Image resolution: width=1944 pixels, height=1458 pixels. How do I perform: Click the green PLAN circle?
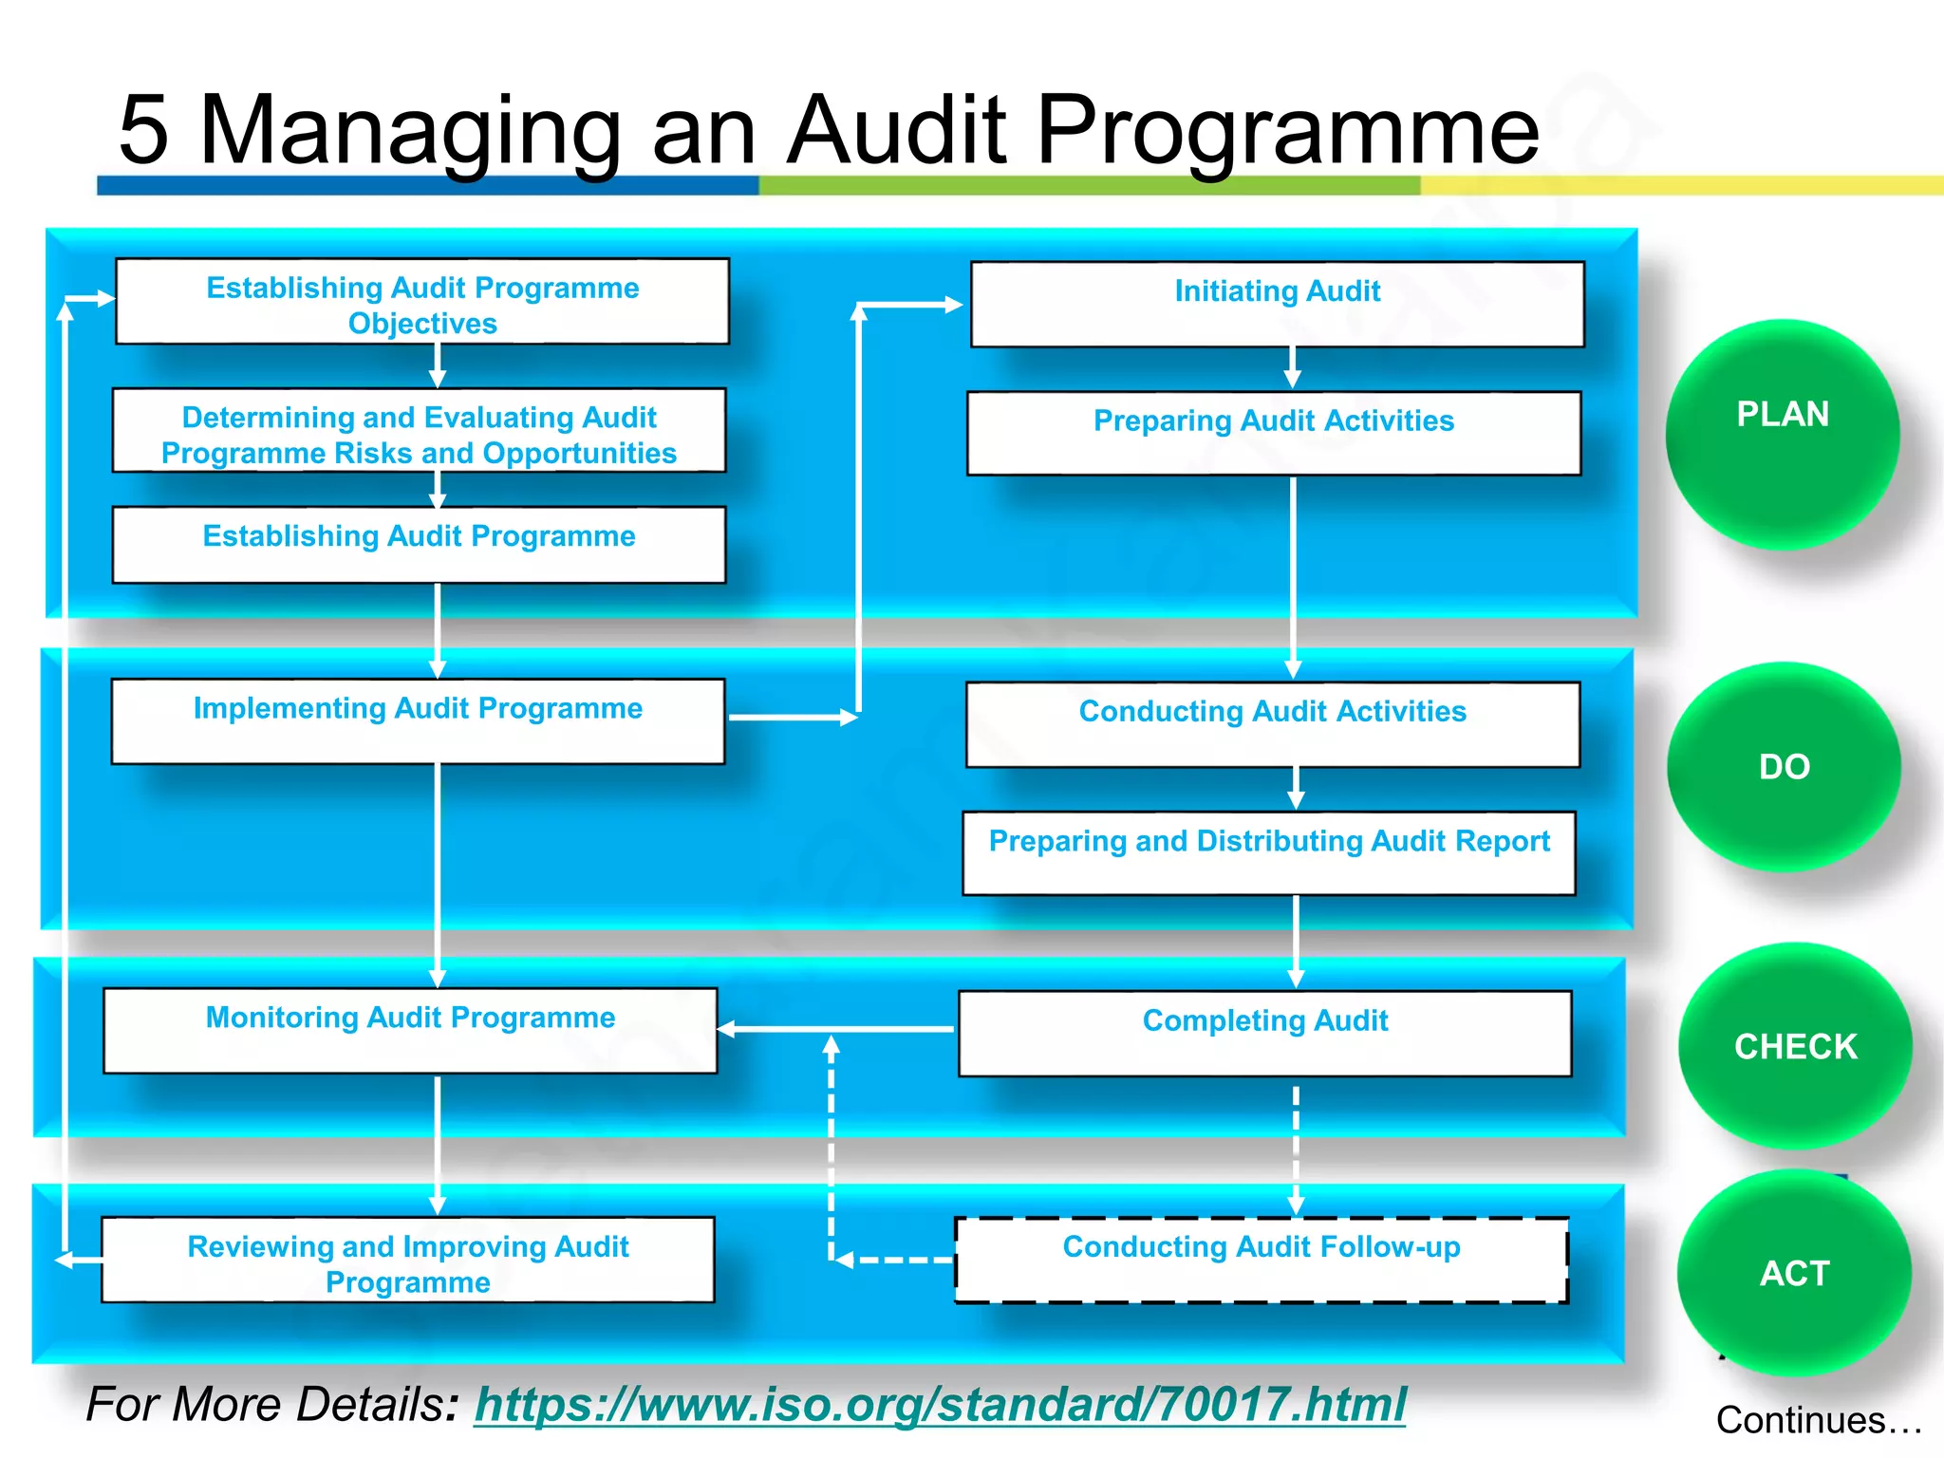click(1782, 434)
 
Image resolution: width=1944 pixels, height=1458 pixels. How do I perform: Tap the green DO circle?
click(1784, 766)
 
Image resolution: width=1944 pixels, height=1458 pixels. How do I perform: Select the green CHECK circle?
click(1794, 1045)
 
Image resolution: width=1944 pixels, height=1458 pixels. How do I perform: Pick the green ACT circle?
click(1793, 1272)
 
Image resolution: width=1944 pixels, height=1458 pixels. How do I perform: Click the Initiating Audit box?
click(1277, 304)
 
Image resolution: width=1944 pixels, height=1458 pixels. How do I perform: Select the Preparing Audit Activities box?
click(1274, 433)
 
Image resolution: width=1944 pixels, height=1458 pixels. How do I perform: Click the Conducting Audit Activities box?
click(1272, 723)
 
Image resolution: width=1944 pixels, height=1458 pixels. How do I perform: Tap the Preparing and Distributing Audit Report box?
click(1269, 852)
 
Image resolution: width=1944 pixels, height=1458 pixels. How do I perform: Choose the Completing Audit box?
click(1264, 1033)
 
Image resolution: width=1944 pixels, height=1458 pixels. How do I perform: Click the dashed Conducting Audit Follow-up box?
click(1261, 1260)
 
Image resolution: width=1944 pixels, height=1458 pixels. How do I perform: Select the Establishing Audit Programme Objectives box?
click(422, 302)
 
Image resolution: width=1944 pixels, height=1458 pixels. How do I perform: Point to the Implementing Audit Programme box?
click(418, 720)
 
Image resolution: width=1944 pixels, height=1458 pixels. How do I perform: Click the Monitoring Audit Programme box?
click(410, 1030)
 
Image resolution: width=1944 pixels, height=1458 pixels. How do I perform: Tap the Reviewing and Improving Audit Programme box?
click(408, 1260)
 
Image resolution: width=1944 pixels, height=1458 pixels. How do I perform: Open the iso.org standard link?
click(940, 1404)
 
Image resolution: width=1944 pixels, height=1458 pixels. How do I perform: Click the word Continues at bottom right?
click(1800, 1420)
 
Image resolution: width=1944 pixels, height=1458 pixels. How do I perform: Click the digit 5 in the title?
click(143, 130)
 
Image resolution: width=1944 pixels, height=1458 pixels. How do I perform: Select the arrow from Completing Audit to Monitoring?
click(835, 1028)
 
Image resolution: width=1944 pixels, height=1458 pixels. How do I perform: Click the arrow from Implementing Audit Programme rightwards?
click(793, 718)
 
